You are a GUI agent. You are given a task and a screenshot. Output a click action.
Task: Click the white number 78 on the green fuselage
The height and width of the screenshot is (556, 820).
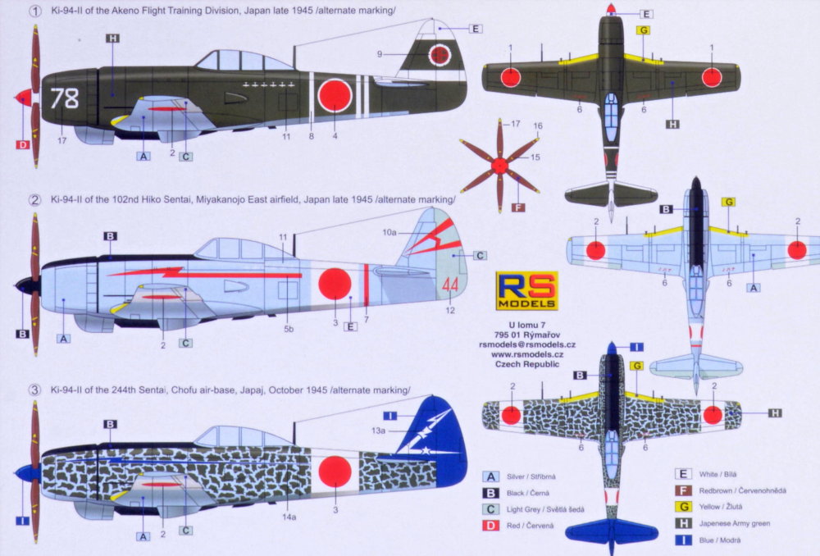click(64, 98)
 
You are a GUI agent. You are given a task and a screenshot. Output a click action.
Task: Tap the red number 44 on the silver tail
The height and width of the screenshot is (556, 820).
click(449, 285)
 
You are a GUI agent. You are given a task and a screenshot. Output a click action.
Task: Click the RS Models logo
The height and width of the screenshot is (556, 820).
click(526, 291)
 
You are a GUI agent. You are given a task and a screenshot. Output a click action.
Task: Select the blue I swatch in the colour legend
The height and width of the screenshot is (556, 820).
click(683, 540)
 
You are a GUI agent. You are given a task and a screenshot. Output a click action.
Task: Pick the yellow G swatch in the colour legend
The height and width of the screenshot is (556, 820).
click(683, 506)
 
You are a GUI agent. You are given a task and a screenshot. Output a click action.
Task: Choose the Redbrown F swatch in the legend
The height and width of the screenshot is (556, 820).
click(683, 490)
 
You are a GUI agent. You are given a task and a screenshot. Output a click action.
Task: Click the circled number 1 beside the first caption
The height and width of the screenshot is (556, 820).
click(34, 11)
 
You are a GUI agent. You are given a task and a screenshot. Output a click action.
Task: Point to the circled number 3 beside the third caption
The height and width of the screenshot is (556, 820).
click(34, 390)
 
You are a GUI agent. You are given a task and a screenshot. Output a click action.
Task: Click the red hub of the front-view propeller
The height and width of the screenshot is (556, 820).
click(500, 166)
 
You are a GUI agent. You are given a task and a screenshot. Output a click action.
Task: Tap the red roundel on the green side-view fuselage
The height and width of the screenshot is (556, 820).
click(335, 96)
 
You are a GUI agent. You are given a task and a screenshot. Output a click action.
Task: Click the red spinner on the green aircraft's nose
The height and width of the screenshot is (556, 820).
click(24, 98)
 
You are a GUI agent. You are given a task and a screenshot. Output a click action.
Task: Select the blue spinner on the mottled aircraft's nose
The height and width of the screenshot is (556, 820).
click(28, 473)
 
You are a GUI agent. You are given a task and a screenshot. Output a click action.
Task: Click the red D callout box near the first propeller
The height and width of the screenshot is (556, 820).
click(22, 144)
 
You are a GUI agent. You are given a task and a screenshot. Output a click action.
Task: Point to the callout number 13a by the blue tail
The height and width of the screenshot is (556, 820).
click(378, 431)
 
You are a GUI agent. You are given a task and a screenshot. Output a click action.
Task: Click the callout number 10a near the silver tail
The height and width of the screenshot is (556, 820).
click(389, 233)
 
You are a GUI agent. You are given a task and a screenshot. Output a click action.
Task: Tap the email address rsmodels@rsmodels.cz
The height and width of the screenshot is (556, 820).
click(526, 344)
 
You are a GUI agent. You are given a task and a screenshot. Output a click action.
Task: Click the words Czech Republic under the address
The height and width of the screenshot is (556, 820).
click(526, 364)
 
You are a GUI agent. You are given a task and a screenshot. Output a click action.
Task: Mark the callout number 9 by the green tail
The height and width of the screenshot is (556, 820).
click(380, 54)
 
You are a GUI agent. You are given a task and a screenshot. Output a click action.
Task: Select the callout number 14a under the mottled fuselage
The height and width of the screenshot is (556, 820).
click(289, 517)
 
